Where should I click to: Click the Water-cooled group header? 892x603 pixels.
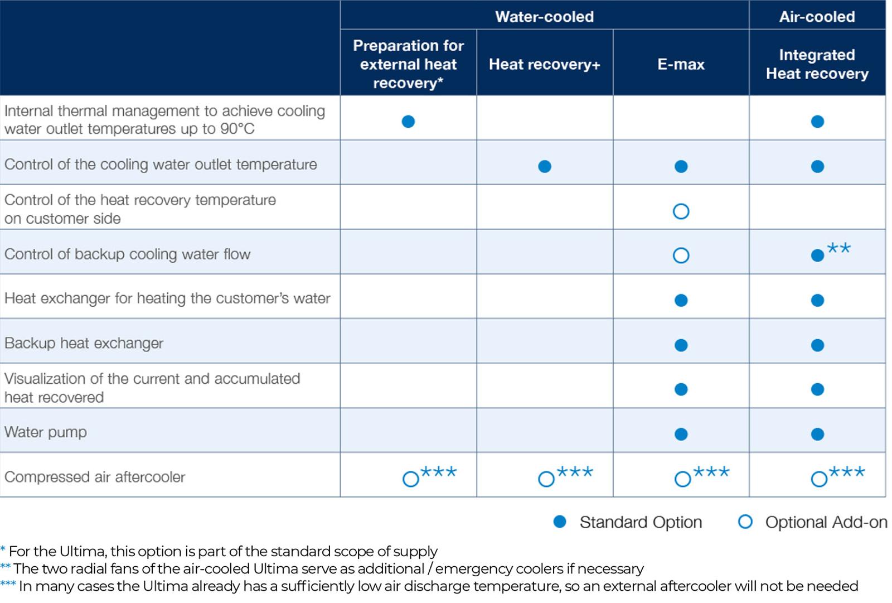[544, 17]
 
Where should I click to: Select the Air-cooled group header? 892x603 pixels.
[817, 17]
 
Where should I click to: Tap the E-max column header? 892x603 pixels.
[681, 64]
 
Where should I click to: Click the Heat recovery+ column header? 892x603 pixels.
[544, 64]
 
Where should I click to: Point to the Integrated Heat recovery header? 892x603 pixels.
[817, 64]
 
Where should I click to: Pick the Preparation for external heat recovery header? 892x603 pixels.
[408, 64]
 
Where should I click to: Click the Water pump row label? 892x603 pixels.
[46, 432]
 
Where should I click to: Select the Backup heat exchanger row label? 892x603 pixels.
[84, 343]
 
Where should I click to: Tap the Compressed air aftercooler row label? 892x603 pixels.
[95, 477]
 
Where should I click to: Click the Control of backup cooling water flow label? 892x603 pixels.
[128, 254]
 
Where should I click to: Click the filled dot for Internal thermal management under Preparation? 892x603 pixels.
[408, 121]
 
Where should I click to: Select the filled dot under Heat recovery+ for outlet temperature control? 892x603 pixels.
[545, 166]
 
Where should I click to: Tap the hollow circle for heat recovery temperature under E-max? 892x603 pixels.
[681, 211]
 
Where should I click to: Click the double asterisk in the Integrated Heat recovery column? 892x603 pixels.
[838, 248]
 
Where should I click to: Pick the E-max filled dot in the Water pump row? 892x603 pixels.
[681, 434]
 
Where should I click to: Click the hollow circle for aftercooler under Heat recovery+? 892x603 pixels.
[546, 479]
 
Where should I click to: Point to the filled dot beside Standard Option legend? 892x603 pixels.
[560, 522]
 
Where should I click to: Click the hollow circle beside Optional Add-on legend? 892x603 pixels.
[745, 522]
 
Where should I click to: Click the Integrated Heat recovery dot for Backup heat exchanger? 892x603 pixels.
[817, 345]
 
